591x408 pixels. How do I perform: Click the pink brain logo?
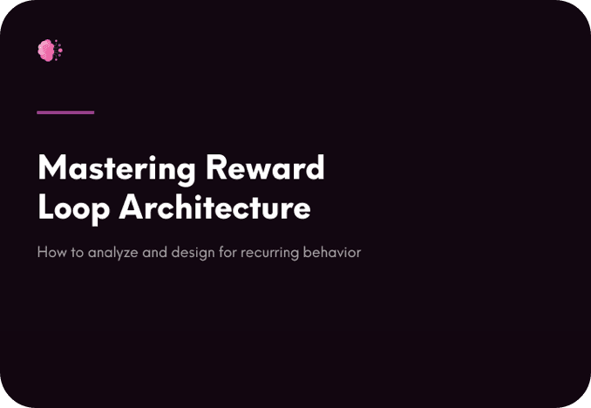pyautogui.click(x=51, y=51)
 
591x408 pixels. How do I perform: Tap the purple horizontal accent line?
pyautogui.click(x=65, y=112)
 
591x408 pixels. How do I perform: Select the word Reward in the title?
pyautogui.click(x=265, y=167)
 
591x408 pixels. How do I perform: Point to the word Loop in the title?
pyautogui.click(x=74, y=209)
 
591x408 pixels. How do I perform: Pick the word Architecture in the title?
pyautogui.click(x=214, y=207)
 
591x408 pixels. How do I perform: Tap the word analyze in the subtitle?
pyautogui.click(x=112, y=253)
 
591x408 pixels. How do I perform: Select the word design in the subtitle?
pyautogui.click(x=193, y=253)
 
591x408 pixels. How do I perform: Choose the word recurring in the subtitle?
pyautogui.click(x=270, y=254)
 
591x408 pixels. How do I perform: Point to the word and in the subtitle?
pyautogui.click(x=154, y=252)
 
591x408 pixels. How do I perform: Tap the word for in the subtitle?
pyautogui.click(x=228, y=252)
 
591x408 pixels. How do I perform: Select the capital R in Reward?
pyautogui.click(x=216, y=167)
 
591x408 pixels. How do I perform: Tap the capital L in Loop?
pyautogui.click(x=45, y=207)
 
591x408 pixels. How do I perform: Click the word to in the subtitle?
pyautogui.click(x=78, y=252)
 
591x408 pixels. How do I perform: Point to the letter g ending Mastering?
pyautogui.click(x=185, y=173)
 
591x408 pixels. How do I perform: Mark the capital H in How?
pyautogui.click(x=42, y=252)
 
